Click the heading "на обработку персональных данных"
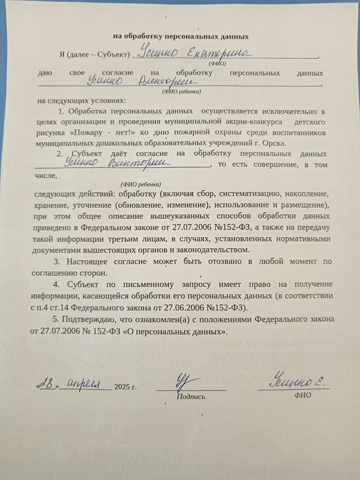point(181,37)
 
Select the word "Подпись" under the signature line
point(191,397)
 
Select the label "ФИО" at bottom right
point(303,396)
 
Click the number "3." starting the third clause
point(57,261)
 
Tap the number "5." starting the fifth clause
point(57,318)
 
